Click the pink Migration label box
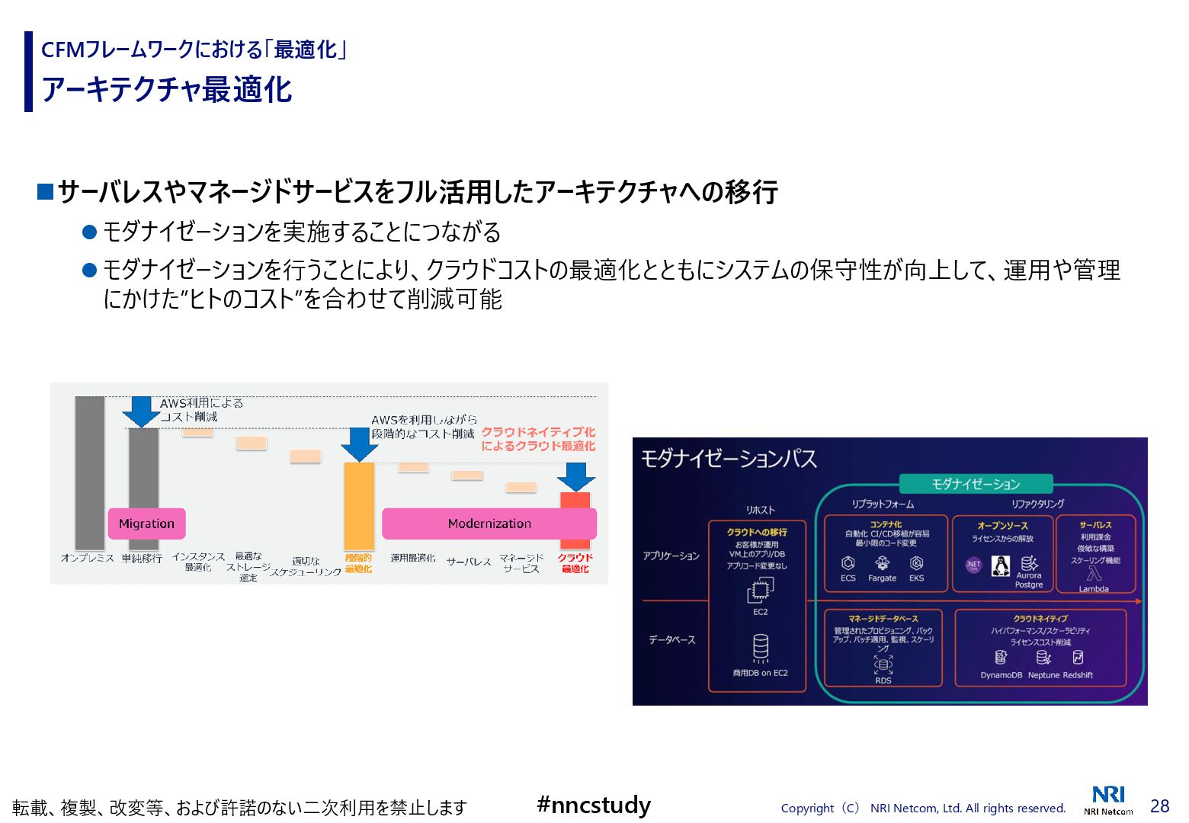(146, 524)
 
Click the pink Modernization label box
(489, 524)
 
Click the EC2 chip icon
(760, 590)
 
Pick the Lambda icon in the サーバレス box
(1094, 575)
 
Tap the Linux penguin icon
(1000, 565)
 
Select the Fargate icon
(882, 563)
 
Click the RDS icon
(883, 664)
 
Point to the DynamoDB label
(1001, 675)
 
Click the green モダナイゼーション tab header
(976, 484)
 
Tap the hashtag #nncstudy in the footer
(594, 805)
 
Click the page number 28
(1159, 806)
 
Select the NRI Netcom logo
(1108, 800)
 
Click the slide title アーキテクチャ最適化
(166, 89)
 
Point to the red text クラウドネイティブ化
(538, 432)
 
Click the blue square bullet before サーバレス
(45, 191)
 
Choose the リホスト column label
(760, 510)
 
